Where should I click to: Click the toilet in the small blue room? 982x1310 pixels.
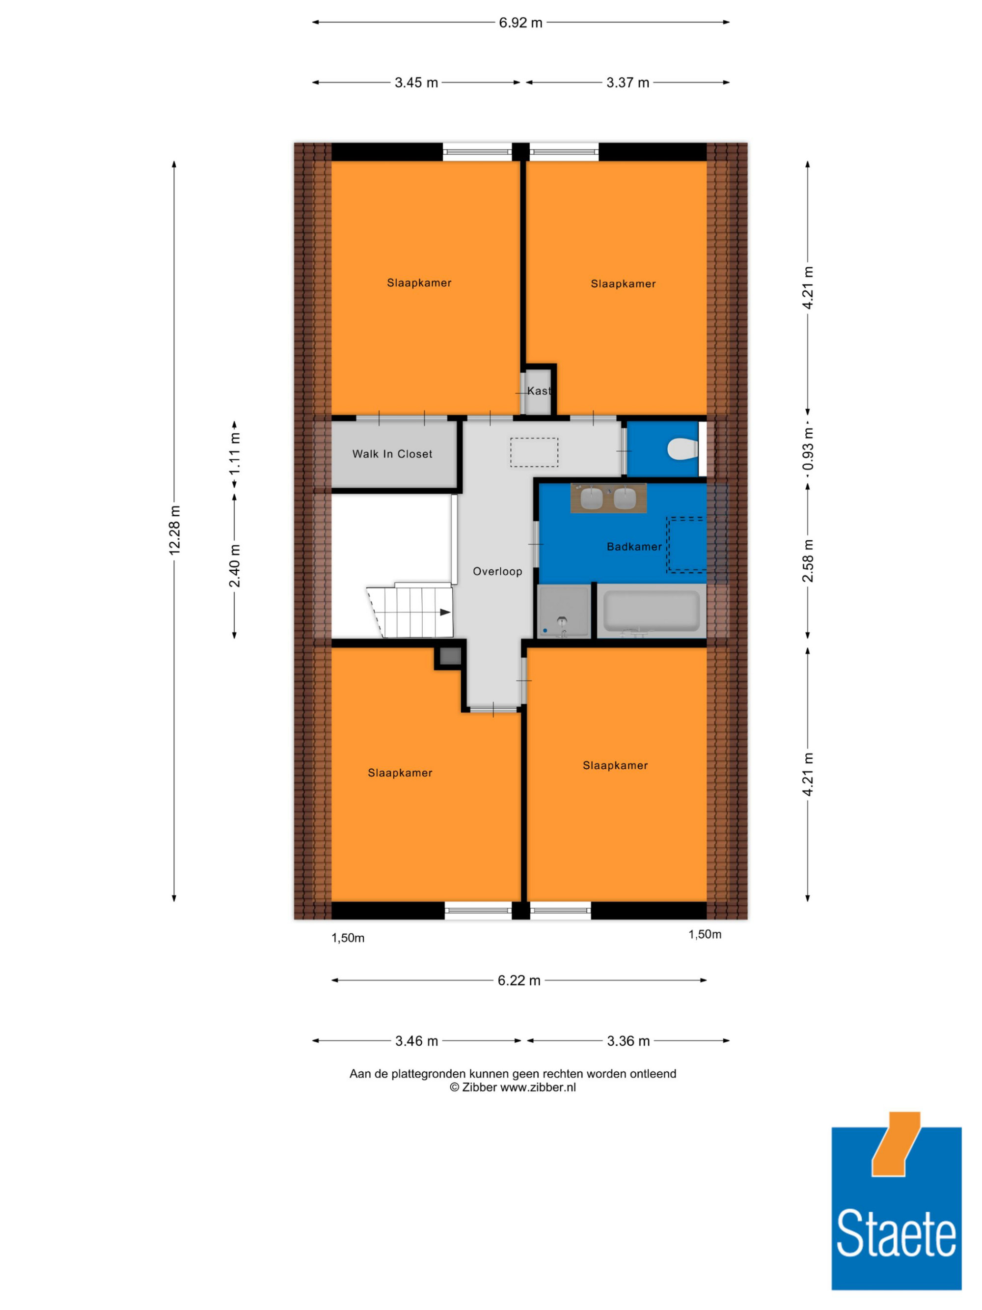[x=682, y=449]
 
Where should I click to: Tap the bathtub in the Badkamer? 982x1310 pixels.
[x=651, y=611]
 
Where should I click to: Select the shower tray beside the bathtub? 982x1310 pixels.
[x=564, y=611]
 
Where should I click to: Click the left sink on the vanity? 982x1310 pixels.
[x=591, y=498]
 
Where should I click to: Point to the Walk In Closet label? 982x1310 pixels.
[x=392, y=454]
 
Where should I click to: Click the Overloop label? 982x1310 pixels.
[x=497, y=571]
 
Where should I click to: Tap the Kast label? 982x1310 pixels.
[x=539, y=391]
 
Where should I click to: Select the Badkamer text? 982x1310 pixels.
[x=634, y=547]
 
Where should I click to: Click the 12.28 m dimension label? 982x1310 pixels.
[x=174, y=530]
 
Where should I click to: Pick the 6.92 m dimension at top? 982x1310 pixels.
[x=520, y=23]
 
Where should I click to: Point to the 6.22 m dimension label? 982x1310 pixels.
[x=518, y=980]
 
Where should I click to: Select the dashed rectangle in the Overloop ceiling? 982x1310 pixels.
[x=534, y=452]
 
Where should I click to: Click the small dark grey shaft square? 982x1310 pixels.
[x=450, y=656]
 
